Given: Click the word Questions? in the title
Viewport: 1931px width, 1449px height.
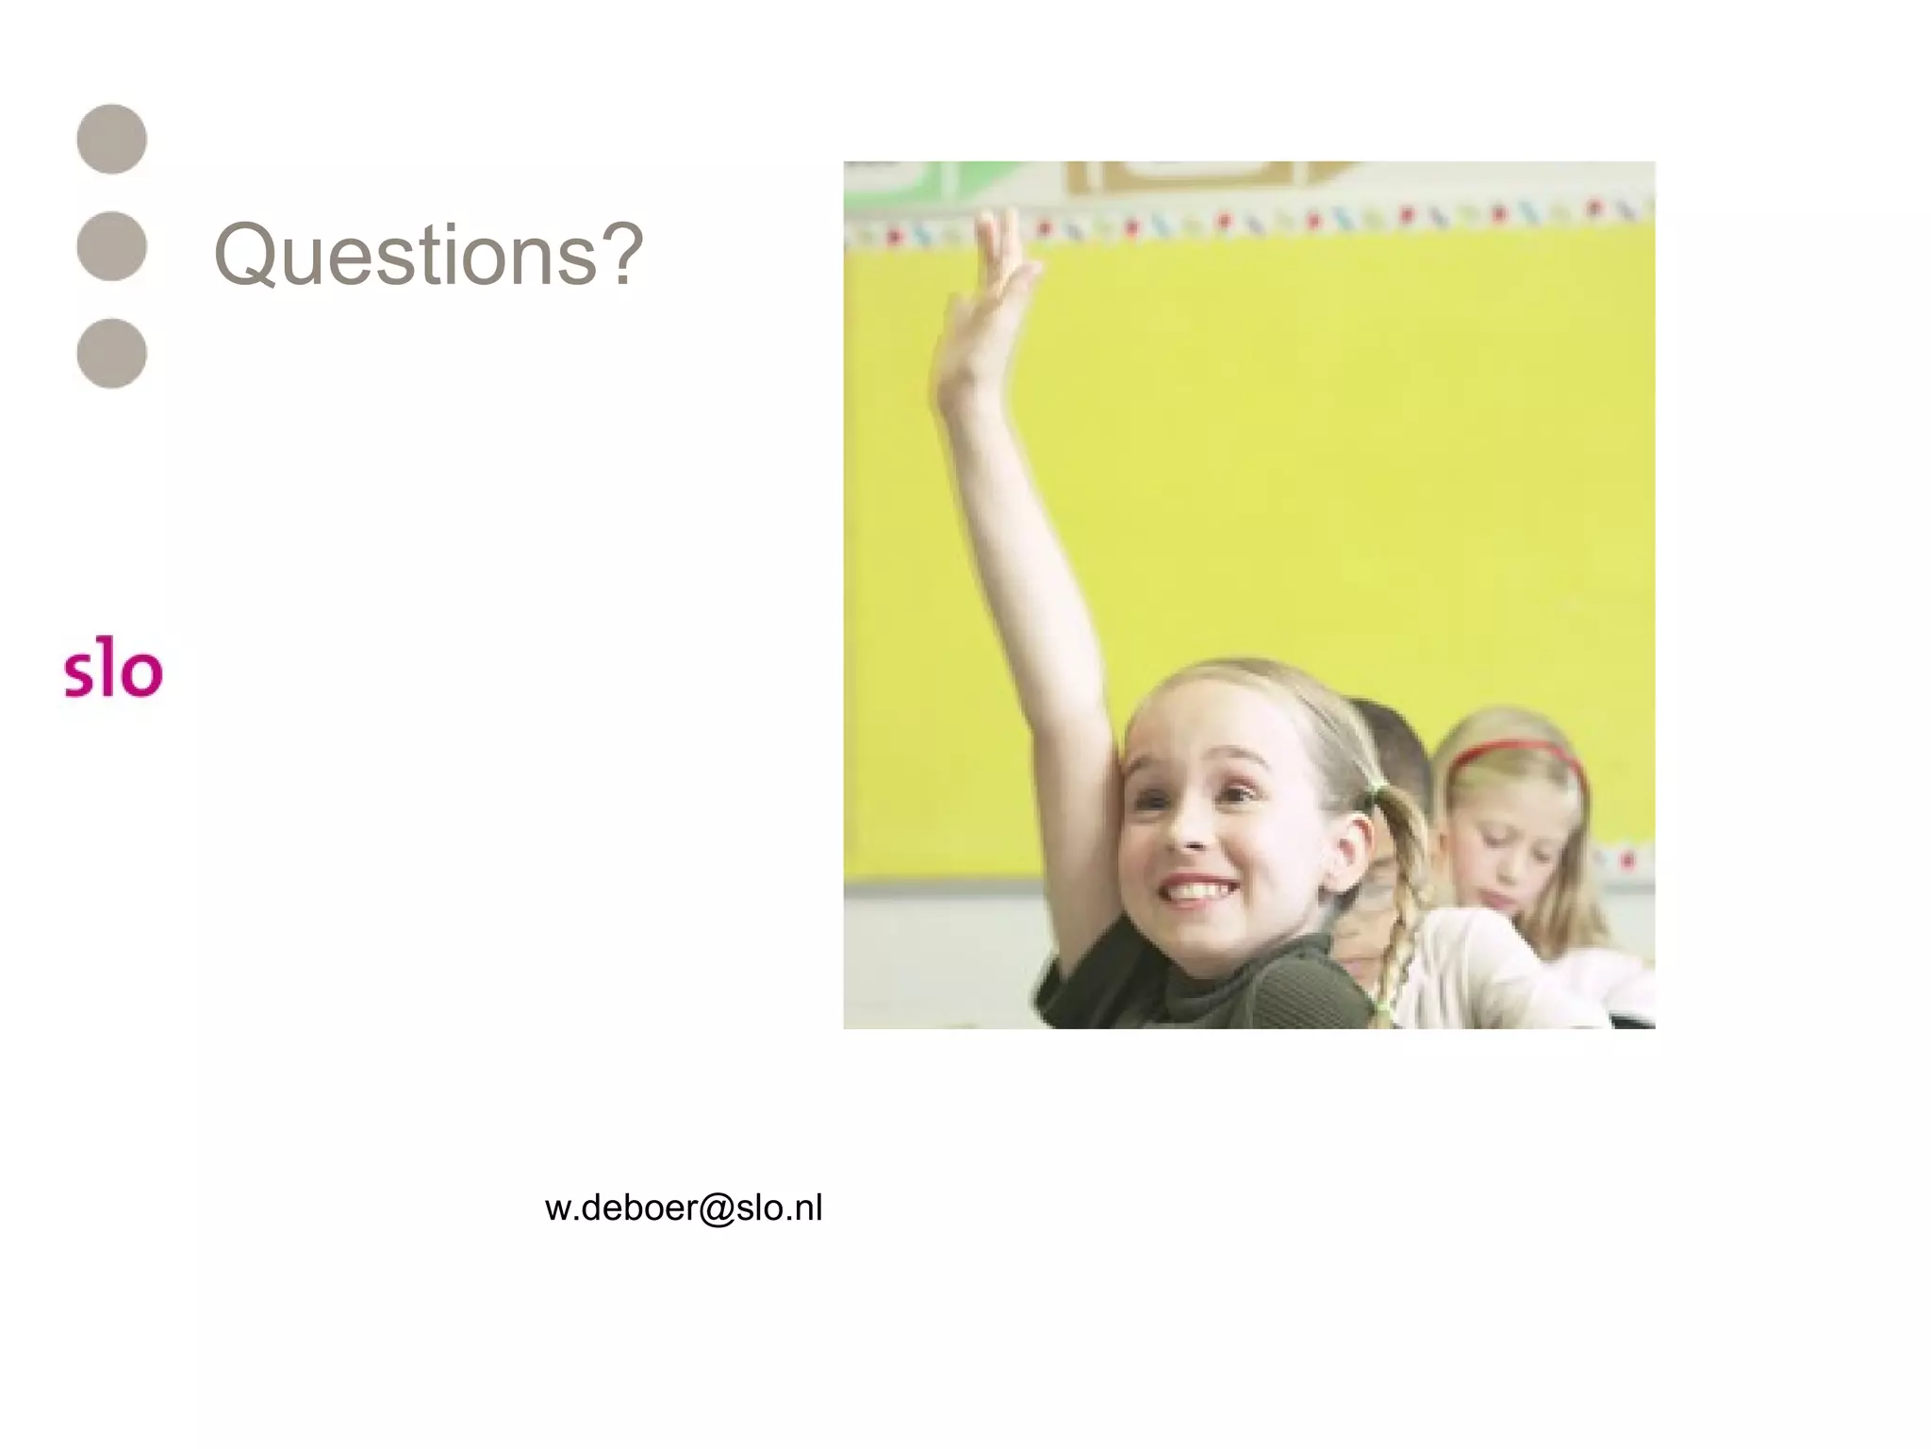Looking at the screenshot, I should (x=429, y=255).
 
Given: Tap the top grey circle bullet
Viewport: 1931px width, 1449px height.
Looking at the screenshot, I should (x=112, y=139).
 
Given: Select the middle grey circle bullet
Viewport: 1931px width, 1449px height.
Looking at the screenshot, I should (x=112, y=246).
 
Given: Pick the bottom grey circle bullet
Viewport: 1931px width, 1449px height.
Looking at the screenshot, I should (x=112, y=354).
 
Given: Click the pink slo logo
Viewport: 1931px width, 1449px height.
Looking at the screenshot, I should (x=113, y=672).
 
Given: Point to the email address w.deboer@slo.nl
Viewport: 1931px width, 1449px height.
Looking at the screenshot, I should (x=684, y=1208).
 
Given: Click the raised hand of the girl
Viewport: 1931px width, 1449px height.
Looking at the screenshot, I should (x=985, y=292).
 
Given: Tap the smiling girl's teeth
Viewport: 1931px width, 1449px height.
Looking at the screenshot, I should (x=1196, y=890).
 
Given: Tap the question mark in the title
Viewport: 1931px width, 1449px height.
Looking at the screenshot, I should (x=623, y=255).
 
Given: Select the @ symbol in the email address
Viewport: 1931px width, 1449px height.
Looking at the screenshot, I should (x=716, y=1208).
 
